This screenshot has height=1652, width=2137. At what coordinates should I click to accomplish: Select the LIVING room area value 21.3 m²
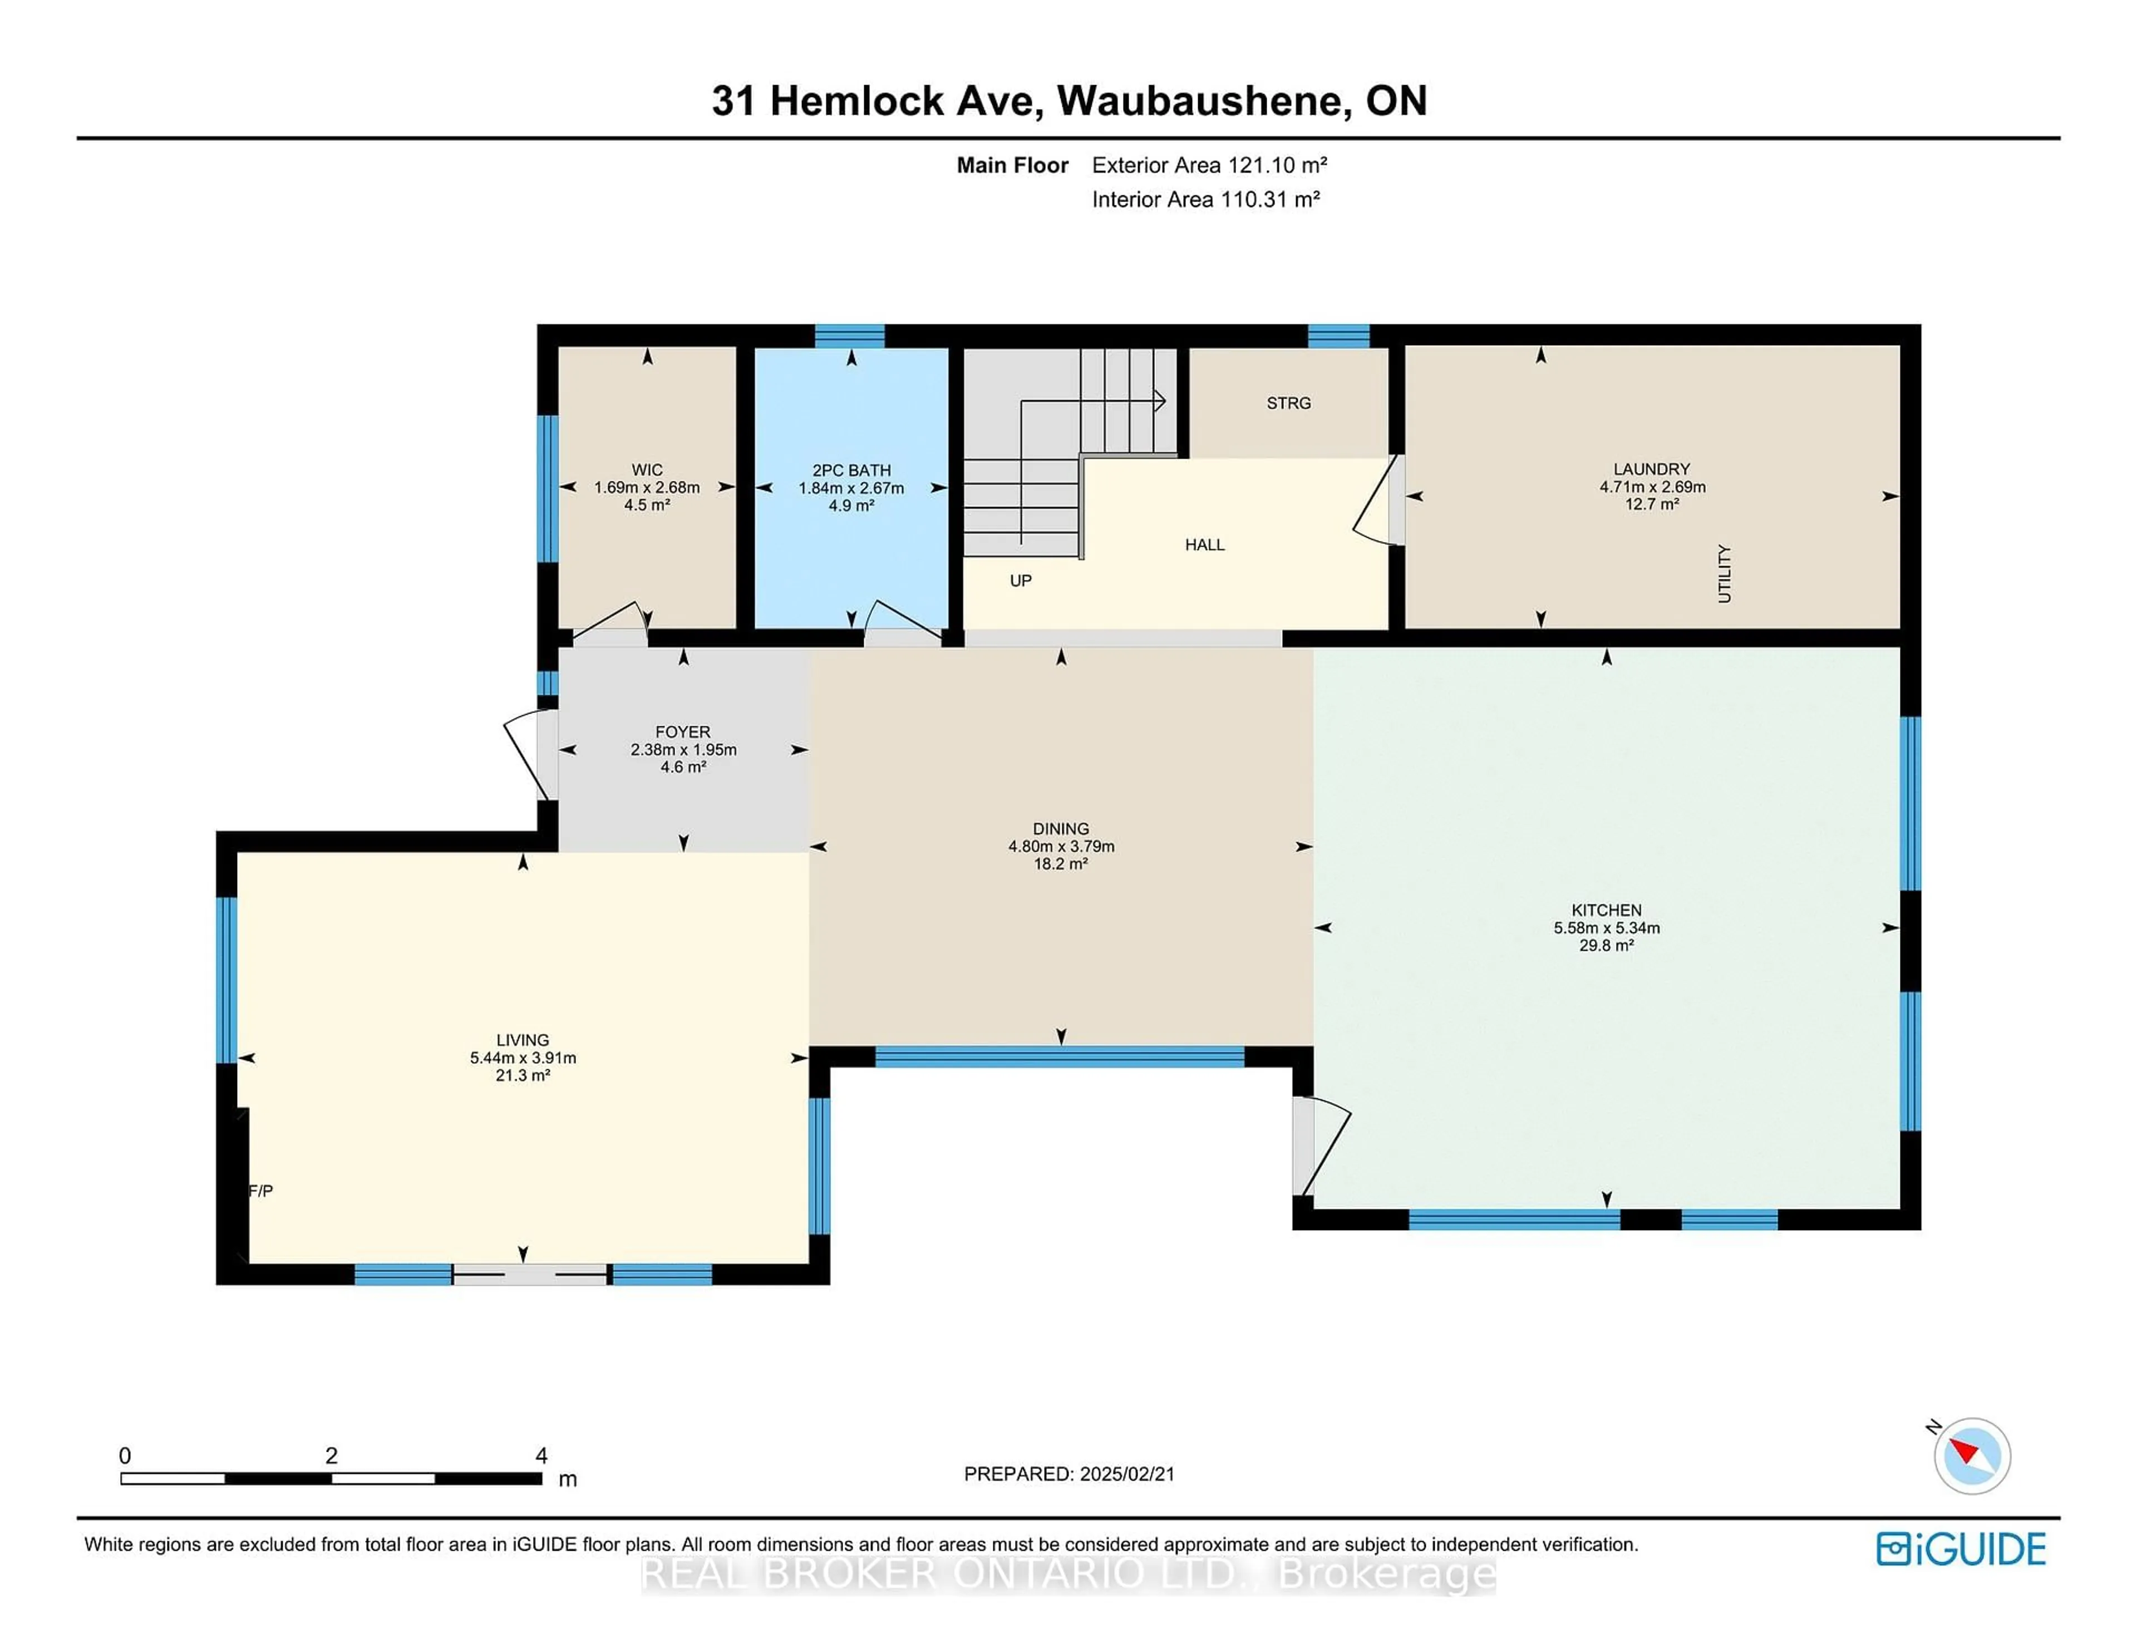tap(523, 1075)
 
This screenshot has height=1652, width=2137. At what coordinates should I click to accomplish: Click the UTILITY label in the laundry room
tap(1724, 573)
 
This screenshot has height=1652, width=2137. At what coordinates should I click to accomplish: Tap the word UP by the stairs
tap(1021, 581)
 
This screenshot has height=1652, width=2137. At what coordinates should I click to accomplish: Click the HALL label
tap(1204, 545)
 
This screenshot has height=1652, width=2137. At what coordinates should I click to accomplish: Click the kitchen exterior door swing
tap(1321, 1145)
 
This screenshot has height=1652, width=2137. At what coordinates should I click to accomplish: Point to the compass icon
tap(1972, 1456)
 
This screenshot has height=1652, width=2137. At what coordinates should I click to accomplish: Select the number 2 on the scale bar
tap(332, 1456)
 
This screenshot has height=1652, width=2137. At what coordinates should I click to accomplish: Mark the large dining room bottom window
tap(1060, 1056)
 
